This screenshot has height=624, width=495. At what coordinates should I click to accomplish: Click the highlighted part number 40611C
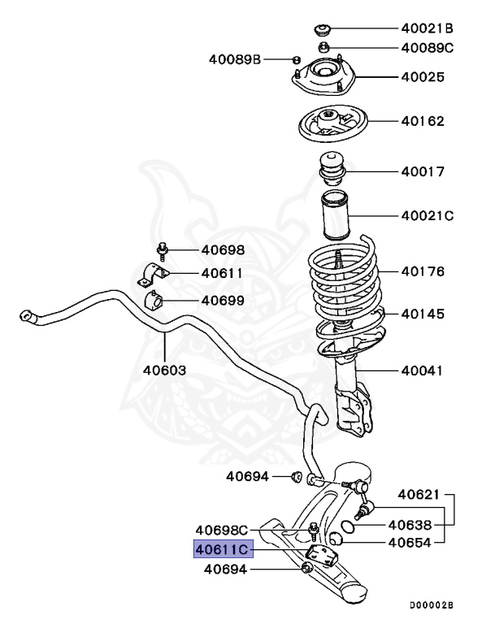tap(223, 550)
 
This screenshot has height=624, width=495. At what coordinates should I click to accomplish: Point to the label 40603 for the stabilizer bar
tap(165, 370)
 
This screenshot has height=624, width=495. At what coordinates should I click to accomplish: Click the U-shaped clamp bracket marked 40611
tap(154, 275)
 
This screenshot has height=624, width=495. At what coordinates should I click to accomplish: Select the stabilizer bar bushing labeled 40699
tap(155, 302)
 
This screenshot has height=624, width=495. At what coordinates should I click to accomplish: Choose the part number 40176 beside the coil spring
tap(422, 272)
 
